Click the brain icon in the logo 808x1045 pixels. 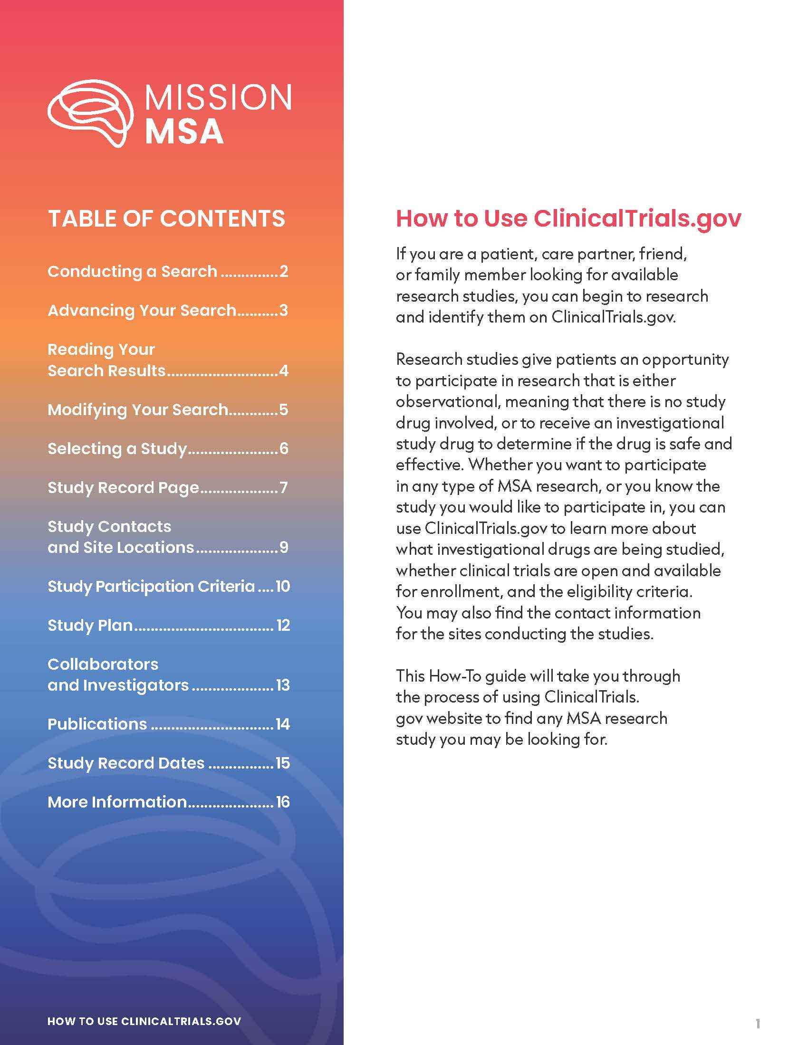coord(90,113)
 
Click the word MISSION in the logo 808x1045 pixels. coord(218,97)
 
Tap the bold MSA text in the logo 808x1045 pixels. coord(184,132)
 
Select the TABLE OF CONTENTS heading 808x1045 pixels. coord(166,218)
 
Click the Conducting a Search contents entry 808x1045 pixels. coord(132,271)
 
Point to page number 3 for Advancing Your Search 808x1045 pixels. coord(284,311)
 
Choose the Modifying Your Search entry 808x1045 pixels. coord(138,409)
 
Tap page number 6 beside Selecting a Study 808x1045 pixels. coord(284,449)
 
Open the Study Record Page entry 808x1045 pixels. coord(123,487)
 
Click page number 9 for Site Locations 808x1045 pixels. coord(284,547)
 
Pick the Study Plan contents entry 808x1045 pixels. coord(90,626)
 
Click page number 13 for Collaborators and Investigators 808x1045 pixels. coord(283,685)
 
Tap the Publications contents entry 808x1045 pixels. coord(97,724)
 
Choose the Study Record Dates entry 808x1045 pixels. coord(126,763)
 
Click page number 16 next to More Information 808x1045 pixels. coord(283,802)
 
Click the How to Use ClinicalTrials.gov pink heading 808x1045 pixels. coord(568,218)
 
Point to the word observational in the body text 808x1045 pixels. coord(447,402)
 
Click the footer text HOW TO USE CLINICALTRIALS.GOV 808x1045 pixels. coord(144,1021)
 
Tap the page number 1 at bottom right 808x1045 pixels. coord(758,1024)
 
